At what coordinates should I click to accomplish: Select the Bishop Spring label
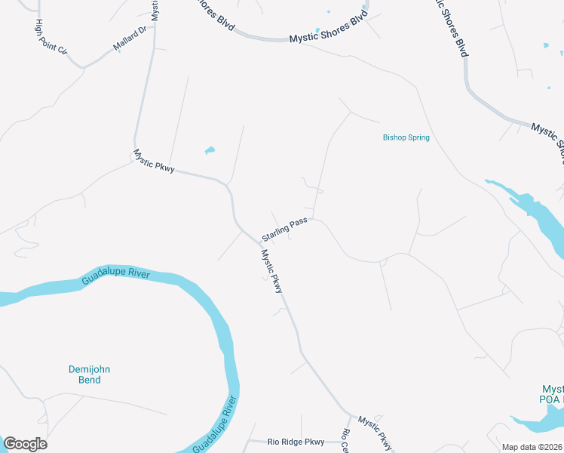406,137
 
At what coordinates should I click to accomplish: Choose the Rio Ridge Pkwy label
296,442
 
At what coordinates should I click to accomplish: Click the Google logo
25,444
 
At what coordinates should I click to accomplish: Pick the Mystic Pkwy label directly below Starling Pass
271,272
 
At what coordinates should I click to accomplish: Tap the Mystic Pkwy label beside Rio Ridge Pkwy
375,431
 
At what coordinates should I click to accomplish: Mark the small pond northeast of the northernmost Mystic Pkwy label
210,150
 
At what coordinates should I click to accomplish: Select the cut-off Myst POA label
551,392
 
